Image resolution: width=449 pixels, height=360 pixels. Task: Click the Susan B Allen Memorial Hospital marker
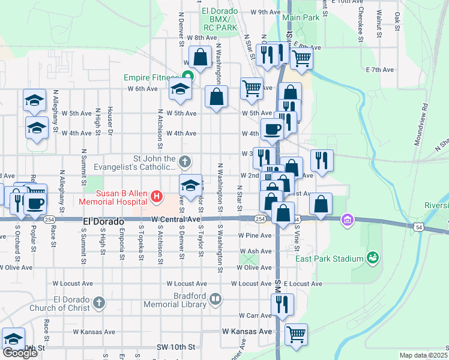(157, 195)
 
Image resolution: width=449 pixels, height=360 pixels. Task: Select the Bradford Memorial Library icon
(215, 298)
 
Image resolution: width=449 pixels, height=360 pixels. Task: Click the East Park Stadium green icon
(373, 258)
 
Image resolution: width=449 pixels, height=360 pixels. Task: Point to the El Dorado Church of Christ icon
(99, 303)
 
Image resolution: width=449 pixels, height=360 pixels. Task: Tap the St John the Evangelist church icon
(185, 161)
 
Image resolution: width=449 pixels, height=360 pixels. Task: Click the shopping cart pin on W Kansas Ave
(295, 335)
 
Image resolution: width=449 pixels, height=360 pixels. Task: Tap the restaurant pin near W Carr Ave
(282, 305)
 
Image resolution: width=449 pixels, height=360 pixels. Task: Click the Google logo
(20, 353)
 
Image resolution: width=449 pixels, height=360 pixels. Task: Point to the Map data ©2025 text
(423, 355)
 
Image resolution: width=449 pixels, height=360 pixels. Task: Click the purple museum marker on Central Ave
(346, 220)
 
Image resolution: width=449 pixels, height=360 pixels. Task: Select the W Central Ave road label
(175, 220)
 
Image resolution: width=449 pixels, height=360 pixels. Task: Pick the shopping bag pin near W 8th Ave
(200, 57)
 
